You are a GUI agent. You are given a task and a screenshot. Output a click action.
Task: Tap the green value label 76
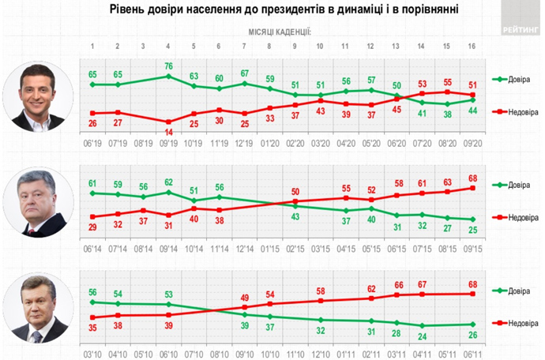(169, 66)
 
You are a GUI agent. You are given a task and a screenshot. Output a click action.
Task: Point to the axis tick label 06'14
(93, 246)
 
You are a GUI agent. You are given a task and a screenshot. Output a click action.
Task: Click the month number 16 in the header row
(472, 46)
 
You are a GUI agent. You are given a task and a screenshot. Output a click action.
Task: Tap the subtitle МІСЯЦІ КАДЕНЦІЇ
(280, 32)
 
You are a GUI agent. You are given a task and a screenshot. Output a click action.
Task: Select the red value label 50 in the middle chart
(295, 192)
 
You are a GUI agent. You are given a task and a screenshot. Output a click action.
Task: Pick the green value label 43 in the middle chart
(295, 217)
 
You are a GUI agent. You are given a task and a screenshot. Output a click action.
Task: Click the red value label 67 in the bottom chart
(422, 284)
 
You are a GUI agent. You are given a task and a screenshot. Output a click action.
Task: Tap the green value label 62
(169, 182)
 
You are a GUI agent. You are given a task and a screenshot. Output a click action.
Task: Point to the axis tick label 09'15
(472, 246)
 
